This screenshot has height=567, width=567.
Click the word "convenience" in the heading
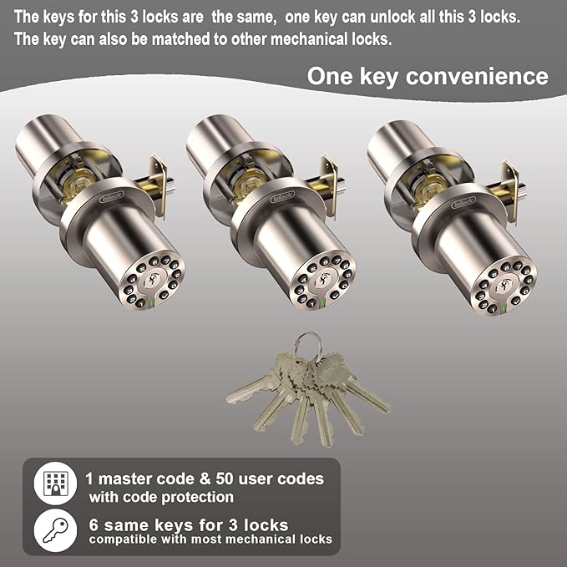pos(477,77)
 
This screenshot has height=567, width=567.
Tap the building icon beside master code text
pos(56,483)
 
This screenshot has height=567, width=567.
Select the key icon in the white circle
pos(56,530)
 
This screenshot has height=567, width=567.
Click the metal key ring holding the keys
pos(308,347)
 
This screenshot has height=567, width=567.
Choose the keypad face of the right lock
pos(504,286)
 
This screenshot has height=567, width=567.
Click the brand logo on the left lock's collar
pos(112,197)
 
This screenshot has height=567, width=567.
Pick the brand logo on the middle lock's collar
pos(282,197)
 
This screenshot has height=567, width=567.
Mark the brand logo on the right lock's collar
pos(463,202)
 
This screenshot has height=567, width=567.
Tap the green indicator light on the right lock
pos(503,311)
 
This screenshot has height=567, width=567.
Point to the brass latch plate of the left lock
pos(159,186)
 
